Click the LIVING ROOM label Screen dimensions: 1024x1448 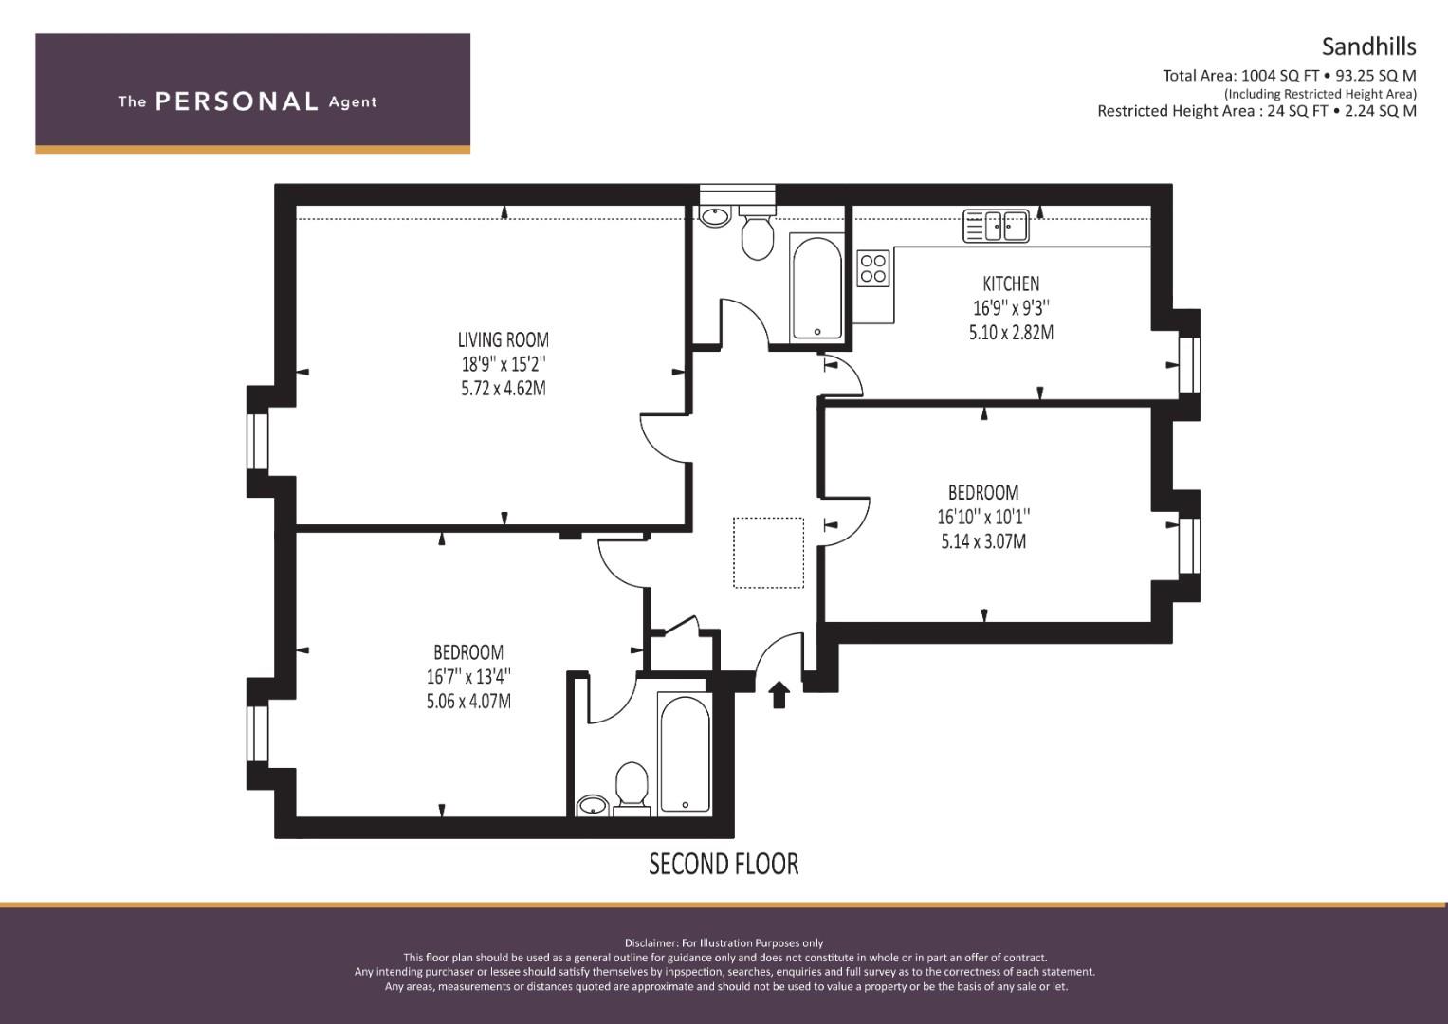point(504,339)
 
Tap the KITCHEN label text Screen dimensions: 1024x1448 point(1010,283)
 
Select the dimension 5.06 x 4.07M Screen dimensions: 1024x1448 point(468,702)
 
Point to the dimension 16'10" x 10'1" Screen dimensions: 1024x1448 point(982,517)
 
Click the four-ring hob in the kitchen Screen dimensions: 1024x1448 point(873,267)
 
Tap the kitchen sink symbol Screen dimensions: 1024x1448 point(996,227)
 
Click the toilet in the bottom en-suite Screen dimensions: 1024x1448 point(631,788)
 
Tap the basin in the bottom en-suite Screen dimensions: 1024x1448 point(594,806)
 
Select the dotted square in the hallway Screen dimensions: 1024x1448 point(768,553)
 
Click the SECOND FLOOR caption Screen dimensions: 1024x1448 point(724,864)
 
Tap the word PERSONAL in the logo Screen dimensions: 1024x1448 point(236,101)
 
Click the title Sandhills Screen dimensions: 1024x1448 point(1368,46)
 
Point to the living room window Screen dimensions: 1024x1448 point(257,441)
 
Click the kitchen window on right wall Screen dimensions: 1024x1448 point(1190,365)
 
